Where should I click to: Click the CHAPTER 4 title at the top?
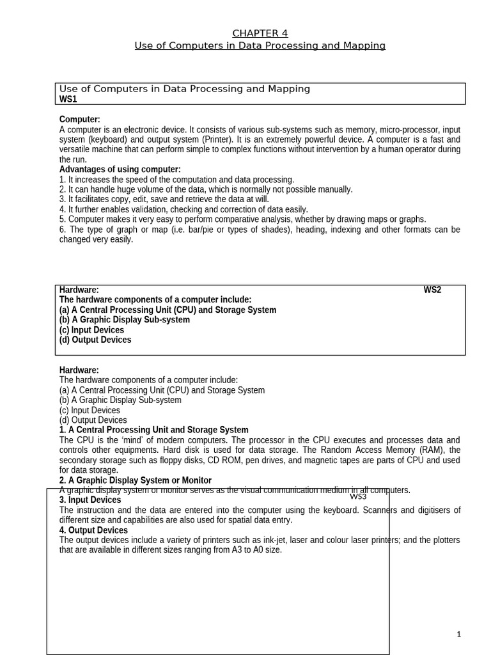click(255, 33)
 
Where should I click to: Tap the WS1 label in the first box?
click(68, 99)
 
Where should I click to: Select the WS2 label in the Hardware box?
click(432, 290)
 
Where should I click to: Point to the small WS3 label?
click(358, 496)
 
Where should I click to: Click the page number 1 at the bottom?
click(458, 634)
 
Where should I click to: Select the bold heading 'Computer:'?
click(80, 120)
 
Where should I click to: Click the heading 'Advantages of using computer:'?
click(120, 170)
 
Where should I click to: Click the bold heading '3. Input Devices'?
click(90, 500)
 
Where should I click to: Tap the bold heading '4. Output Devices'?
click(93, 530)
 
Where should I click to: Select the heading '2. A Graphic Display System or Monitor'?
click(136, 480)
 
